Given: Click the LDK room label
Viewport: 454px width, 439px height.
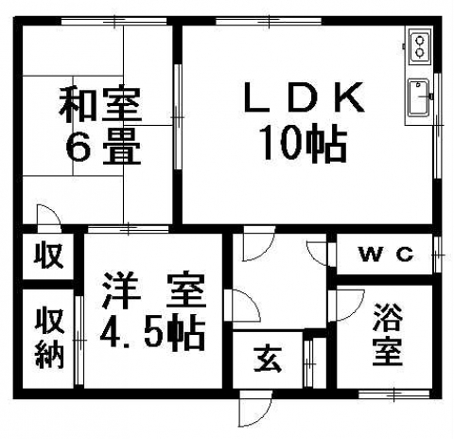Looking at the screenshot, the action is click(304, 97).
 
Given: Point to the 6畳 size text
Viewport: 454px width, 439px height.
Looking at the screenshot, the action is click(103, 149).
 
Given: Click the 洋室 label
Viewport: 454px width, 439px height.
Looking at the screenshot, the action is click(154, 290).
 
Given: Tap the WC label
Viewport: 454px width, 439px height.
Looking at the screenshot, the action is click(387, 255).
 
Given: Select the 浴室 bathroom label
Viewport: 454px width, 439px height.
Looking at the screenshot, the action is click(387, 334).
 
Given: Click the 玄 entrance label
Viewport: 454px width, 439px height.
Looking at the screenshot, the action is click(268, 359).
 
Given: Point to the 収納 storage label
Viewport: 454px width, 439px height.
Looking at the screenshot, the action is click(49, 338).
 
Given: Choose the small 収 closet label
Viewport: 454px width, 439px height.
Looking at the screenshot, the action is click(48, 255).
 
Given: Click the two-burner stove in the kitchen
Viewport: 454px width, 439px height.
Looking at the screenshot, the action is click(420, 46).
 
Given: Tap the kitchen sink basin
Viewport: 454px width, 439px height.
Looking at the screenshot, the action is click(418, 98).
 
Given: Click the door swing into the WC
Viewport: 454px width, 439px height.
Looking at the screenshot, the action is click(317, 253).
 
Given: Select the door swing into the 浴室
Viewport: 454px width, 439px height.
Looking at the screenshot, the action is click(347, 306).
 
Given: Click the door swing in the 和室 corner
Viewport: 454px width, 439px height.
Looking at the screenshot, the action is click(49, 215).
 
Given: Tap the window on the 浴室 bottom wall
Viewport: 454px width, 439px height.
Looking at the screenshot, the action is click(394, 394).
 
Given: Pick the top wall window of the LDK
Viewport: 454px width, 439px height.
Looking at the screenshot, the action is click(269, 21).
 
